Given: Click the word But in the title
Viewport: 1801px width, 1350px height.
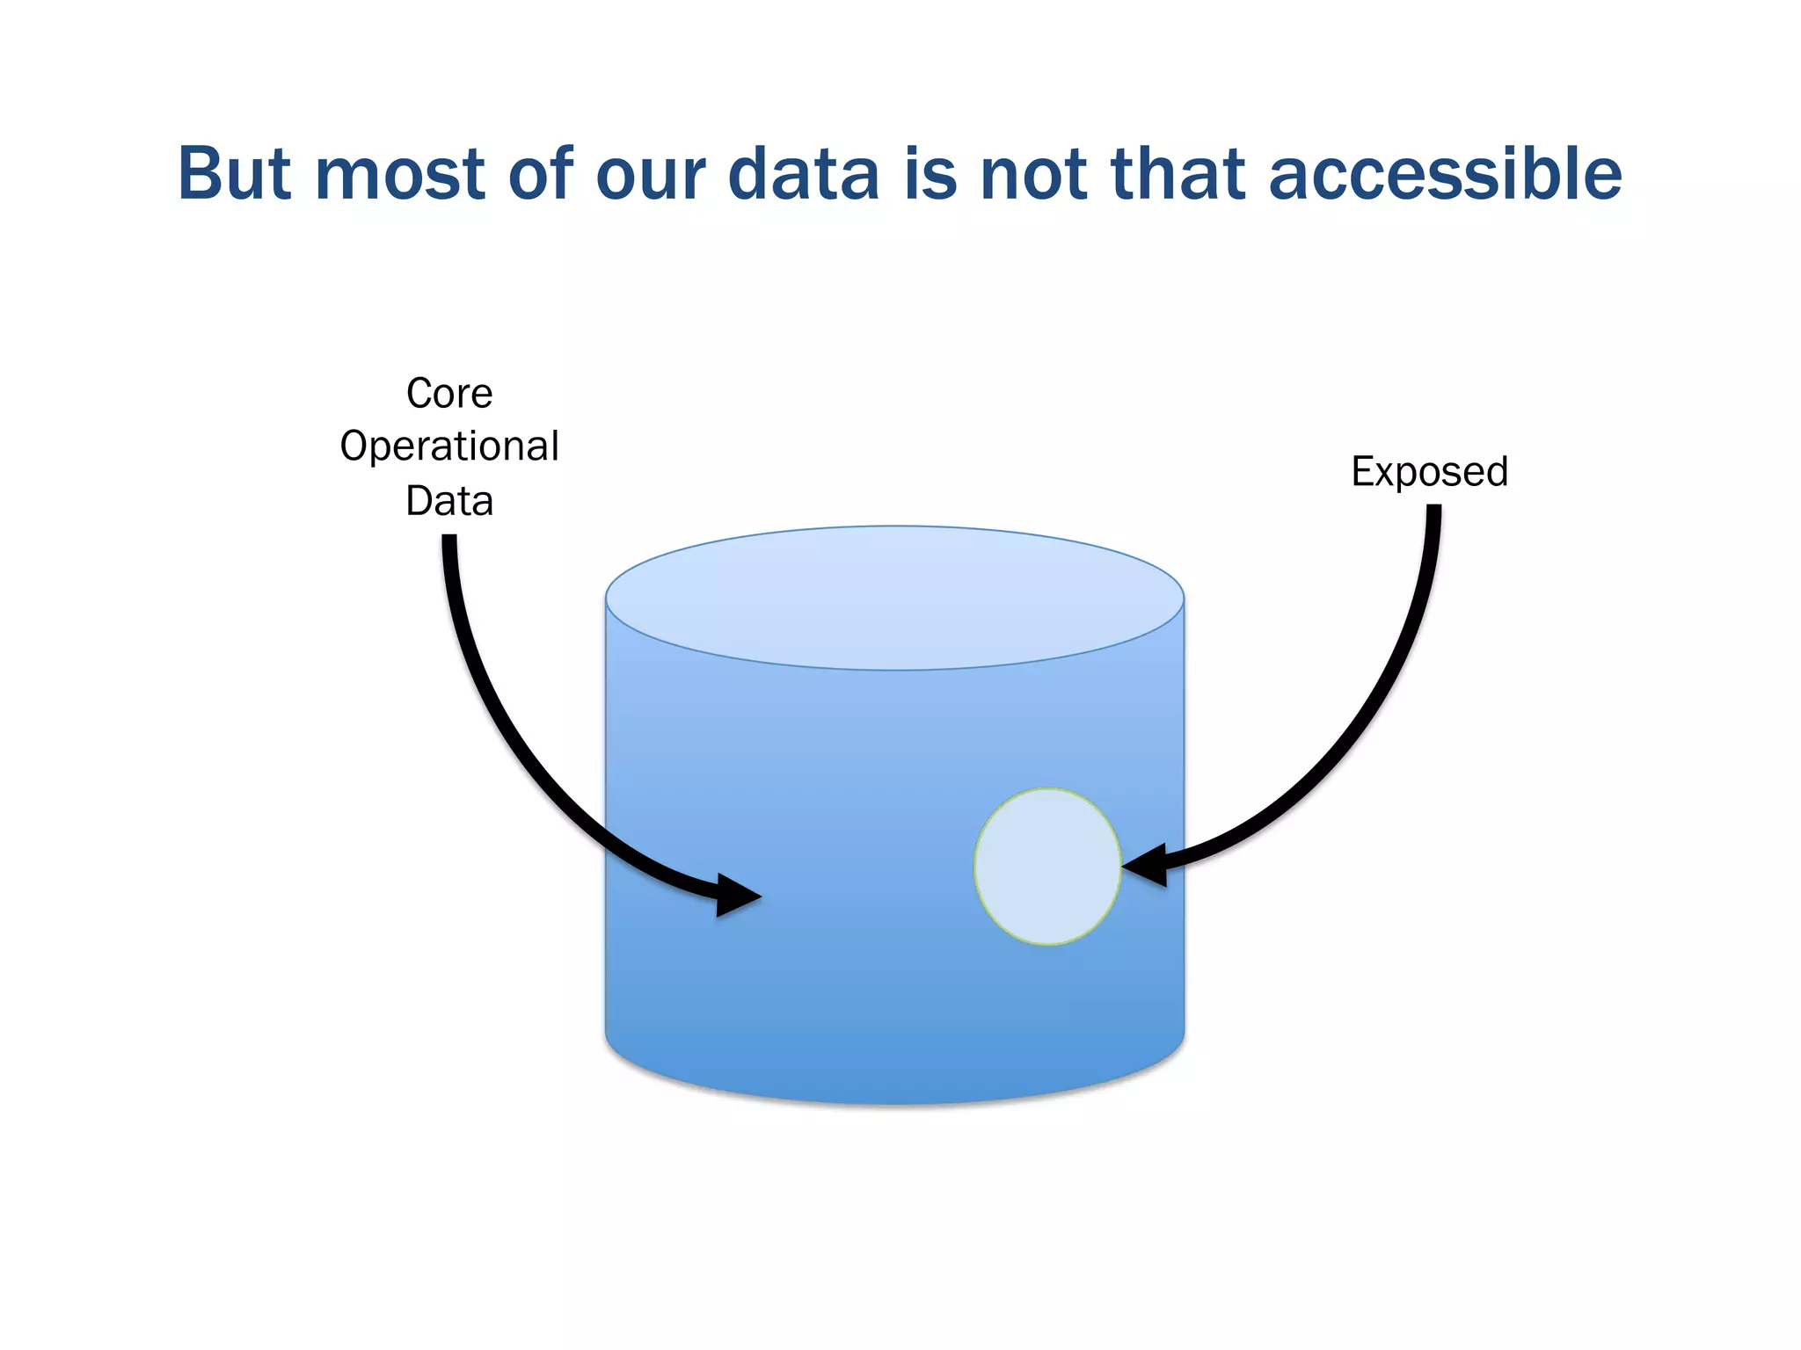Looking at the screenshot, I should tap(234, 173).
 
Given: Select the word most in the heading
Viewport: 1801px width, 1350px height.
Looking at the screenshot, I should tap(401, 173).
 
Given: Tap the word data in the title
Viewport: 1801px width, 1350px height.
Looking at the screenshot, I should tap(803, 173).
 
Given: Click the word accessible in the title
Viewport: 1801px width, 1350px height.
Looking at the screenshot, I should tap(1444, 173).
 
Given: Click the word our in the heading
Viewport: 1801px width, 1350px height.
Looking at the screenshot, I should tap(650, 173).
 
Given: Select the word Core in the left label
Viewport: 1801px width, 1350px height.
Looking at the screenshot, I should tap(449, 393).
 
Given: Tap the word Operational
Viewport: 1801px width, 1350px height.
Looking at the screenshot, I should tap(449, 446).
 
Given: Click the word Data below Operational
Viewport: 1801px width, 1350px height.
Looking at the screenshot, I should tap(449, 501).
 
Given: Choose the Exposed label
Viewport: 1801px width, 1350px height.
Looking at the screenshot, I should tap(1429, 472).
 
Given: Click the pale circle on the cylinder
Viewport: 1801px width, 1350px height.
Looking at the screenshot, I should tap(1047, 867).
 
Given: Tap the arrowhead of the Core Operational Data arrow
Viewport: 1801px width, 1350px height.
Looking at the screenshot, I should tap(737, 896).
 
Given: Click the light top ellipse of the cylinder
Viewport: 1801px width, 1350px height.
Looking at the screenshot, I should tap(894, 598).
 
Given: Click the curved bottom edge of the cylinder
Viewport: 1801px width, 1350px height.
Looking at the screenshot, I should tap(894, 1102).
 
